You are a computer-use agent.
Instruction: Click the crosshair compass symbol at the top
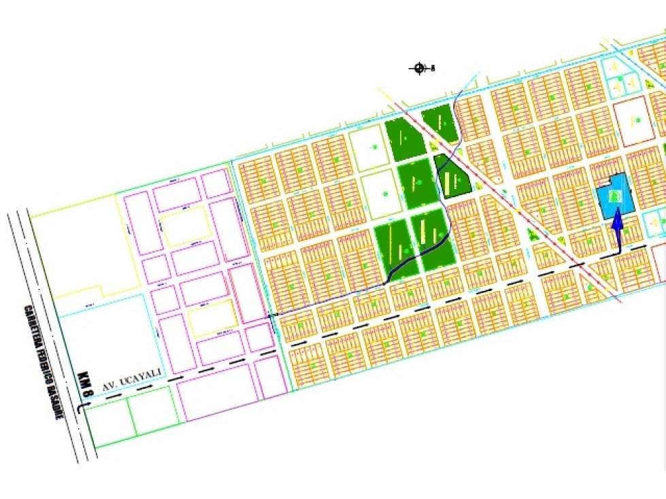pos(419,68)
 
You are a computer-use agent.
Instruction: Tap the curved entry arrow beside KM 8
pos(82,408)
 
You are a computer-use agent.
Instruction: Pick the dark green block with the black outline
pos(452,177)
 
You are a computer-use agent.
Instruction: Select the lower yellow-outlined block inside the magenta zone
pos(212,318)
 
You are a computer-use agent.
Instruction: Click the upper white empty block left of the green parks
pos(370,149)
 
